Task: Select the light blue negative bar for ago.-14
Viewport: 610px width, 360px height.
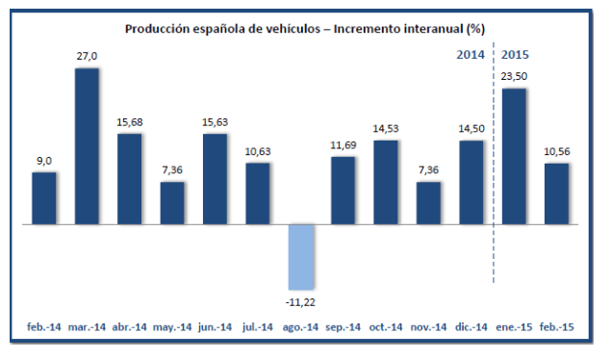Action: click(x=300, y=257)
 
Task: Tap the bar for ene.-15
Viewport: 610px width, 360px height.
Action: click(x=514, y=156)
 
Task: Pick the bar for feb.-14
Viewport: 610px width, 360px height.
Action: click(x=44, y=198)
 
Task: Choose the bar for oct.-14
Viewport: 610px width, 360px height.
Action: click(x=386, y=182)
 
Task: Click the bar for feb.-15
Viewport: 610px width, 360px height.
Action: click(x=556, y=193)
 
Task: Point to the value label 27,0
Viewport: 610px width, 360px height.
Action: click(x=87, y=57)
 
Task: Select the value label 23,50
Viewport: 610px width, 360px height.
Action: click(x=514, y=77)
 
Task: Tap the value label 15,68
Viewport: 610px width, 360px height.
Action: click(x=130, y=122)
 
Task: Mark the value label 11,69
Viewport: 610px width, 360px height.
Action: click(x=343, y=145)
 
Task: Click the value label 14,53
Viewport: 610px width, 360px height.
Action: click(x=386, y=129)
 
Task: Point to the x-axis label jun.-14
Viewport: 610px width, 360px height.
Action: click(x=215, y=328)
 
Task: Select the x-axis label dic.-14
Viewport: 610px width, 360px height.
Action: click(x=470, y=328)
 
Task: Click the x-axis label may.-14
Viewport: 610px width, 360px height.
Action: click(x=172, y=328)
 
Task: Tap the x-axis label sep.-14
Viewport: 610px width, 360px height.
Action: click(x=343, y=328)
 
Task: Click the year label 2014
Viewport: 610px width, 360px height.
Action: click(x=470, y=55)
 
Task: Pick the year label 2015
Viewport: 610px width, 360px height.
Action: click(x=517, y=55)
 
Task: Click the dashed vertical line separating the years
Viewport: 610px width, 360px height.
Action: click(x=494, y=173)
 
